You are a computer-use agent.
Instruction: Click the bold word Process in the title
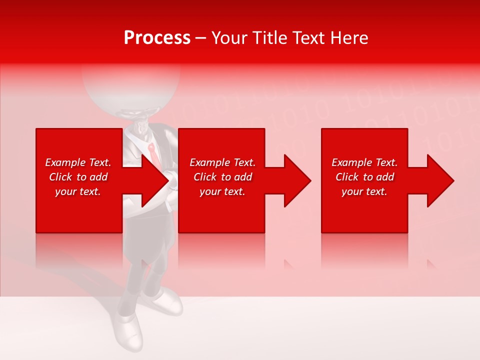(x=157, y=38)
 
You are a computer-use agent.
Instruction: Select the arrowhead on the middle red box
(x=296, y=180)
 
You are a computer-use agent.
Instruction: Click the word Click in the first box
(x=60, y=177)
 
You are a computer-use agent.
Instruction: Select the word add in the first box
(x=98, y=177)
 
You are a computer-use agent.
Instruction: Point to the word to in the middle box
(x=226, y=177)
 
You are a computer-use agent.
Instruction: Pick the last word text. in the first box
(x=90, y=192)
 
